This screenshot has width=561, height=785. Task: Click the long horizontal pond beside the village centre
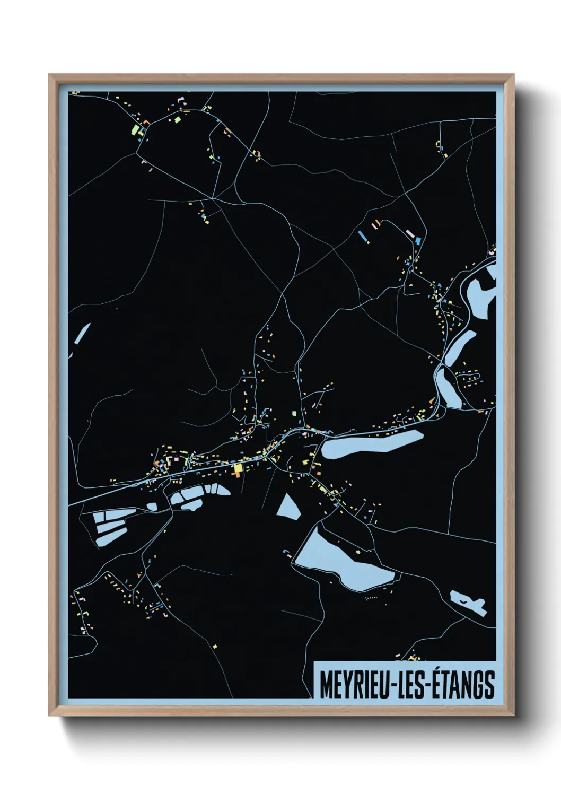(x=371, y=443)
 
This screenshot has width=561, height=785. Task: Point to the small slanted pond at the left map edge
(x=82, y=333)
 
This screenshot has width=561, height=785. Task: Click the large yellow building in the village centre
(x=237, y=469)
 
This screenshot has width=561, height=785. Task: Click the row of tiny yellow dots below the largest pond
(x=371, y=598)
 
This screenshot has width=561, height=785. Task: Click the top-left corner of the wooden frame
(x=50, y=76)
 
